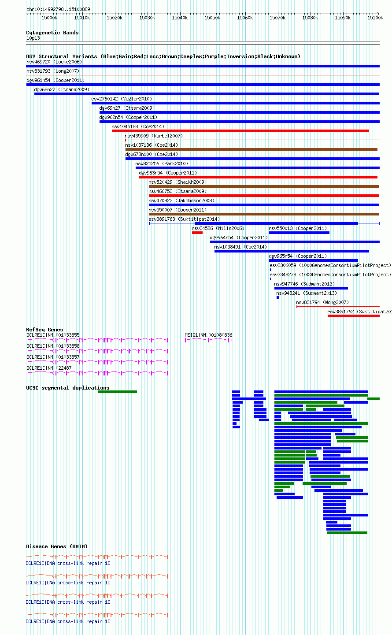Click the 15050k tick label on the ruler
point(212,18)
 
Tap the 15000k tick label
point(49,18)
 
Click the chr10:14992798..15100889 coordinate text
point(59,9)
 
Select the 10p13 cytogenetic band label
point(33,38)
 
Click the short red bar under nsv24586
point(197,233)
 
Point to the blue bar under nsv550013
point(300,233)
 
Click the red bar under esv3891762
point(354,316)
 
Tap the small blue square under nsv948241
point(278,297)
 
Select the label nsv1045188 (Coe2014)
point(138,126)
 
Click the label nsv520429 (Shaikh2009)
point(178,182)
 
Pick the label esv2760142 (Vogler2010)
point(122,99)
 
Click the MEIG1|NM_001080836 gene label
point(209,335)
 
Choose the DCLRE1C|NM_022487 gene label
point(49,368)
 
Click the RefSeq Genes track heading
point(44,330)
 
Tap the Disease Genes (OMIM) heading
point(57,546)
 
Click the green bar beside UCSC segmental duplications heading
point(118,392)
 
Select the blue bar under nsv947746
point(311,288)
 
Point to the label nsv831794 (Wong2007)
point(322,302)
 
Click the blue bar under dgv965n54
point(314,260)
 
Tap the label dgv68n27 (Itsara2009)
point(62,89)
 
